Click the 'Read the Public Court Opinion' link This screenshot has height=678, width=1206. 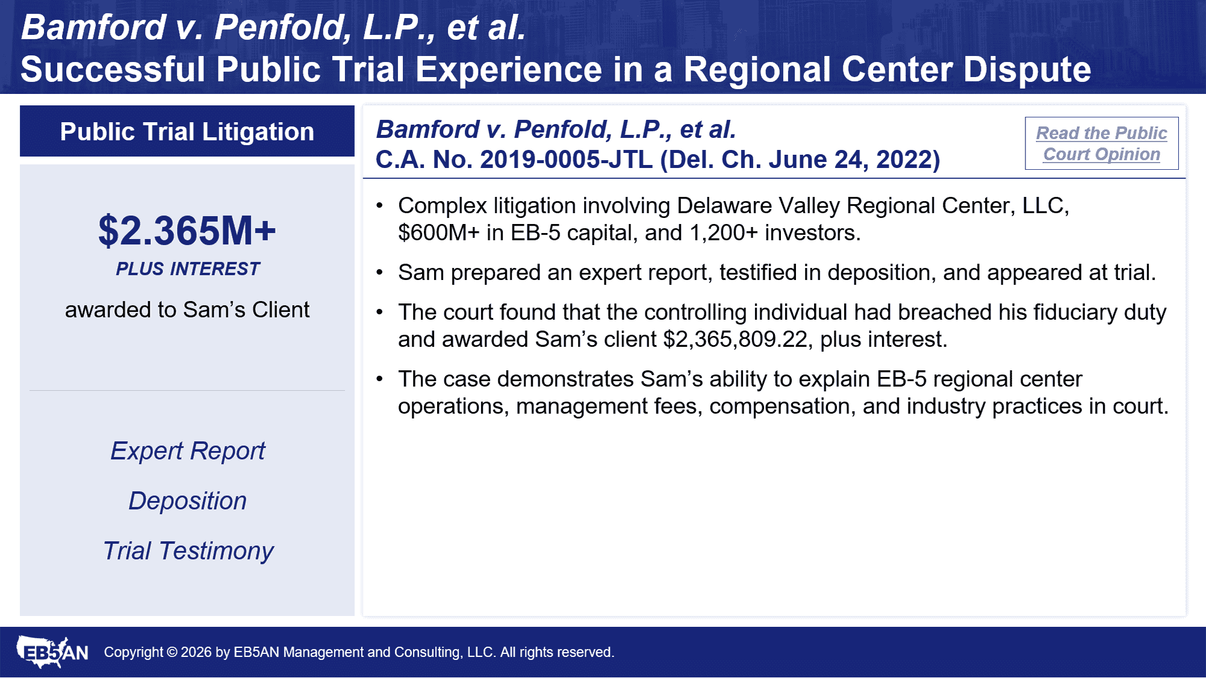(x=1101, y=143)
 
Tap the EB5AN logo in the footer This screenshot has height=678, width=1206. (x=52, y=652)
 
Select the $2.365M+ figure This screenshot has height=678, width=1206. (x=187, y=231)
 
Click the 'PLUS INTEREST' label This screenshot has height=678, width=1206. (x=188, y=269)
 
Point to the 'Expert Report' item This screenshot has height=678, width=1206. (x=188, y=451)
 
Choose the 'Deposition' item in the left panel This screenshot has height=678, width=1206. (x=188, y=501)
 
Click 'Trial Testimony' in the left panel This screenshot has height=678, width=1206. (x=188, y=551)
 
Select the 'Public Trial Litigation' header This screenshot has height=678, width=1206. (x=187, y=131)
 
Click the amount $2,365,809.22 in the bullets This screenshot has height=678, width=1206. (x=735, y=340)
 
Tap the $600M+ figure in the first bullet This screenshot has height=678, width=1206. (x=439, y=233)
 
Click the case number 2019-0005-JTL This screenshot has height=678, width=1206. (x=566, y=160)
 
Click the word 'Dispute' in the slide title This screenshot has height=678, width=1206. (x=1027, y=69)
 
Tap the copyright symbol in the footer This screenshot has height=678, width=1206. (x=172, y=652)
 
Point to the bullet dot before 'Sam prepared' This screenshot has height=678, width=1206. (x=379, y=273)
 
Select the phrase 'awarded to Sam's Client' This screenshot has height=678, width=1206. (x=187, y=309)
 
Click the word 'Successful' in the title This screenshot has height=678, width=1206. (x=113, y=69)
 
